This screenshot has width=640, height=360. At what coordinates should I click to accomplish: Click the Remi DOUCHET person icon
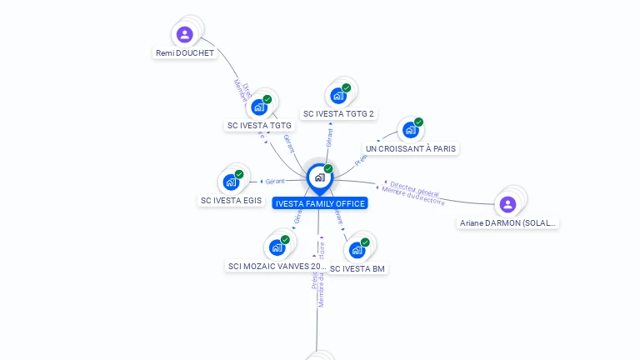(x=185, y=35)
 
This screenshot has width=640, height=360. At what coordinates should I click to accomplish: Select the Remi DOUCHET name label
(x=185, y=53)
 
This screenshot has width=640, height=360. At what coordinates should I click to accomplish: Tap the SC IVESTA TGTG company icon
(x=260, y=107)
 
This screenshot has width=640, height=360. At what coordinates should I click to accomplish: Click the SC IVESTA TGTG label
(x=259, y=126)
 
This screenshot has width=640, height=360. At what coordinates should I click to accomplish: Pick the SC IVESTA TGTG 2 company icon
(x=338, y=96)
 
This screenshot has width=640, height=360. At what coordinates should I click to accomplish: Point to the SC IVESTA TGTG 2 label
(x=338, y=114)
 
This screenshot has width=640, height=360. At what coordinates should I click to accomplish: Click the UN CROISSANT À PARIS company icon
(x=410, y=130)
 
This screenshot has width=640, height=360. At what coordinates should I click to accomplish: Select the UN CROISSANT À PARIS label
(x=411, y=149)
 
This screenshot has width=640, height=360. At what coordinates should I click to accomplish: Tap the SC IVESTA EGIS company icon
(x=231, y=182)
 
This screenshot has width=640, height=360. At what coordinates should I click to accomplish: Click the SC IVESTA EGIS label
(x=231, y=201)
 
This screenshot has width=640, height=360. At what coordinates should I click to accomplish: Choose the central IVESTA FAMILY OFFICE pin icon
(x=320, y=177)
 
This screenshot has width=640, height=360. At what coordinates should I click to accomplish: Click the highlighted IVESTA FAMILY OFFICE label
(x=320, y=203)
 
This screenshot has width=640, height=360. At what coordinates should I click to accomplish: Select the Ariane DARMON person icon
(x=508, y=204)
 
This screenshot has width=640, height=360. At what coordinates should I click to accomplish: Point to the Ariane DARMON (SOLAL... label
(x=508, y=223)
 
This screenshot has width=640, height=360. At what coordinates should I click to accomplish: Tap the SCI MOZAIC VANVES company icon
(x=277, y=247)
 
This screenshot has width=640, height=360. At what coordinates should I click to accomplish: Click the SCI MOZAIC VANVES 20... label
(x=276, y=267)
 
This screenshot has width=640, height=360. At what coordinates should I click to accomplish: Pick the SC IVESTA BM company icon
(x=357, y=250)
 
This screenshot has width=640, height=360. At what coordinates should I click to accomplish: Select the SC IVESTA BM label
(x=357, y=269)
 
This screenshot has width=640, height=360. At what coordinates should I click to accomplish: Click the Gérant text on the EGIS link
(x=275, y=182)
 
